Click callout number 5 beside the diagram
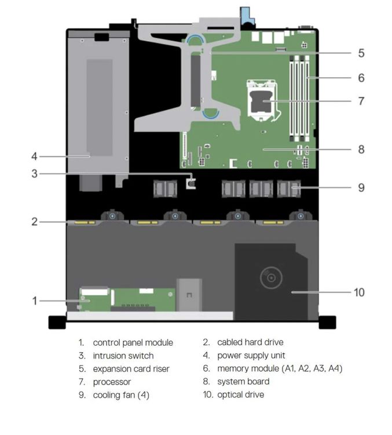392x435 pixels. coord(361,53)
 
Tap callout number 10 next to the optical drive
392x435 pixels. coord(359,292)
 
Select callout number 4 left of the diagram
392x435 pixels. coord(34,156)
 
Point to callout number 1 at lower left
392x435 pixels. coord(34,300)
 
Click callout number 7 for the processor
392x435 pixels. coord(361,101)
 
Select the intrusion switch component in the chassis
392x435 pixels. coord(192,183)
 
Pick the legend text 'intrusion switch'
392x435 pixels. coord(123,356)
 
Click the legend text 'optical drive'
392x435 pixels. coord(240,395)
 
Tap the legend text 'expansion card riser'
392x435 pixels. coord(131,369)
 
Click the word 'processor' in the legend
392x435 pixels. coord(112,382)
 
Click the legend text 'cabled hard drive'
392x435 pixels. coord(250,343)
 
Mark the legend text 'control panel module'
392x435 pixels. coord(133,343)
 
